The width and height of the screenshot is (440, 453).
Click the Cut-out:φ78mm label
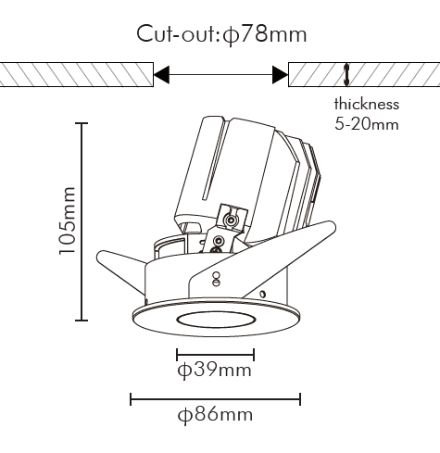pos(221,34)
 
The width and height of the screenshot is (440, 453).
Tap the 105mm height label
pos(67,220)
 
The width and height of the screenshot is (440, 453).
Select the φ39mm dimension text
pos(215,371)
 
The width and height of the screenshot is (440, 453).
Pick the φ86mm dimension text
pos(215,415)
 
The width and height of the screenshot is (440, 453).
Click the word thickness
pos(367,104)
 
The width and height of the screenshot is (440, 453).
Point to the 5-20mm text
pos(367,124)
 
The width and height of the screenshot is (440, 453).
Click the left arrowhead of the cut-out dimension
pos(161,74)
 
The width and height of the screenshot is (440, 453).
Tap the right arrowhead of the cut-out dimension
pos(280,74)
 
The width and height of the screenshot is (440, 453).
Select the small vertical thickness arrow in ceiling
pos(346,75)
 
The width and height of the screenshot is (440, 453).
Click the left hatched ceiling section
pos(77,74)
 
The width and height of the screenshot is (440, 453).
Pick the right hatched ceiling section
pos(364,74)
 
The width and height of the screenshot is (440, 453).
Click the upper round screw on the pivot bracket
pos(230,220)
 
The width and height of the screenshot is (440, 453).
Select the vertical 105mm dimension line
pos(82,221)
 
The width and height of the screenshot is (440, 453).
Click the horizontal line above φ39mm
pos(215,355)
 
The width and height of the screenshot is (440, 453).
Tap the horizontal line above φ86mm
pos(215,399)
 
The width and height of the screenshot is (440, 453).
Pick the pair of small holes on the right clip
pos(217,279)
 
